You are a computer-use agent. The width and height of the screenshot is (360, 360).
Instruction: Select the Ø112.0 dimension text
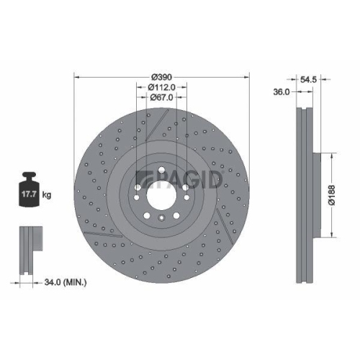[162, 87]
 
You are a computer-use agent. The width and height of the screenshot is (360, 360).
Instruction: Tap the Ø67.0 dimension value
[162, 99]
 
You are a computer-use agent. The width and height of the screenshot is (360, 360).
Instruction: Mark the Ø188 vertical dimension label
[339, 194]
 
